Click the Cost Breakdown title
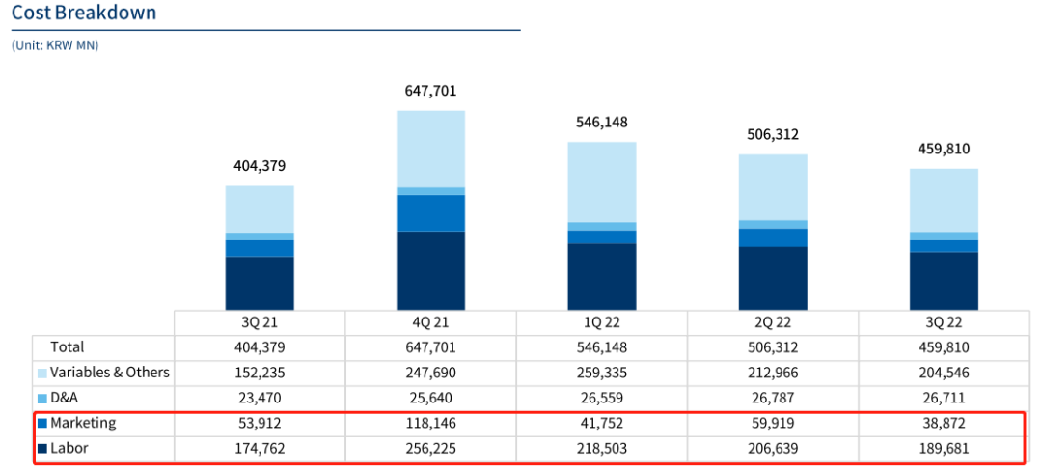(x=84, y=14)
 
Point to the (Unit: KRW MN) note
(x=55, y=45)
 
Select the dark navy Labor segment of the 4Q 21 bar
(x=430, y=270)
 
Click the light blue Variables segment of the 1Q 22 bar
(x=601, y=181)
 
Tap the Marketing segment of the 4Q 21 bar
(x=430, y=212)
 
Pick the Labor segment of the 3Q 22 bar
(x=944, y=281)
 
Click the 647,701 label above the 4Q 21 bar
(x=430, y=92)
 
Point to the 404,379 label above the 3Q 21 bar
(x=260, y=166)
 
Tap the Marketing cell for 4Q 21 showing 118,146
(x=430, y=423)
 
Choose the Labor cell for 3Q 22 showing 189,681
(x=944, y=448)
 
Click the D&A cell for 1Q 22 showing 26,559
(x=601, y=398)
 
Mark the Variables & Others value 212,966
(x=772, y=373)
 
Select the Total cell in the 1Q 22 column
(x=601, y=347)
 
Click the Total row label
(x=68, y=347)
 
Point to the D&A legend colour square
(x=41, y=398)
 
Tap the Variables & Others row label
(x=109, y=373)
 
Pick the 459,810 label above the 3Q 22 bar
(x=944, y=150)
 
